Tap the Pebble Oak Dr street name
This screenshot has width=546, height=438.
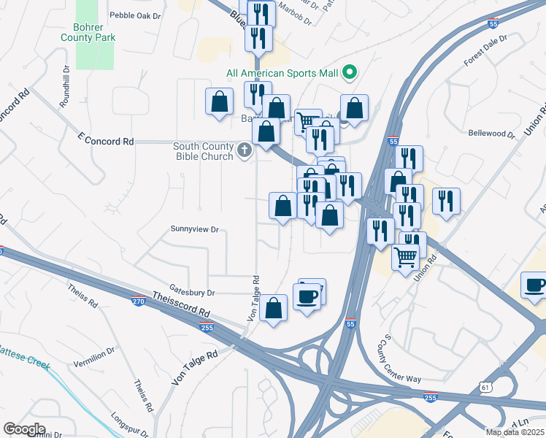click(x=134, y=15)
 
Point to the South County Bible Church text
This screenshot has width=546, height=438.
click(x=203, y=151)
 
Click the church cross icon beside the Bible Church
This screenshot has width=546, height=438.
click(x=245, y=152)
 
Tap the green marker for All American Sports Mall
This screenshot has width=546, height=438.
click(x=350, y=72)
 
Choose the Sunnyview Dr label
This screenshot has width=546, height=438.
click(x=194, y=228)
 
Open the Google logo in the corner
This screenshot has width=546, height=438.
click(x=24, y=429)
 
